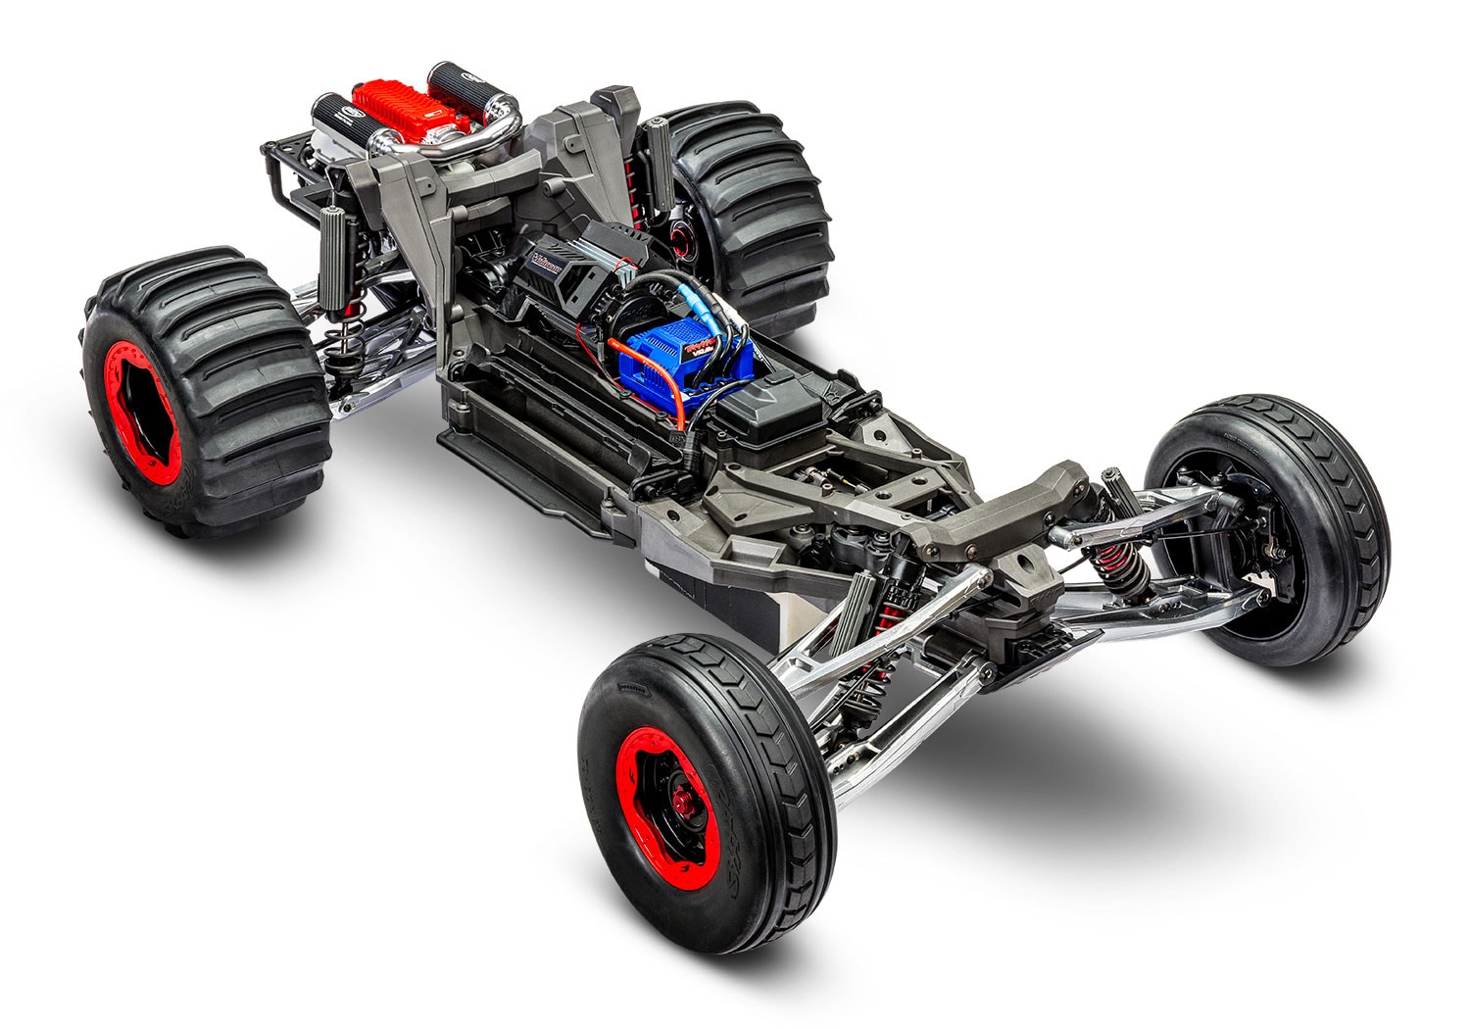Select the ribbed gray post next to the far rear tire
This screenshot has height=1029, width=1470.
click(657, 157)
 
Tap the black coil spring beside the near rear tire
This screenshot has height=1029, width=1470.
click(348, 338)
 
